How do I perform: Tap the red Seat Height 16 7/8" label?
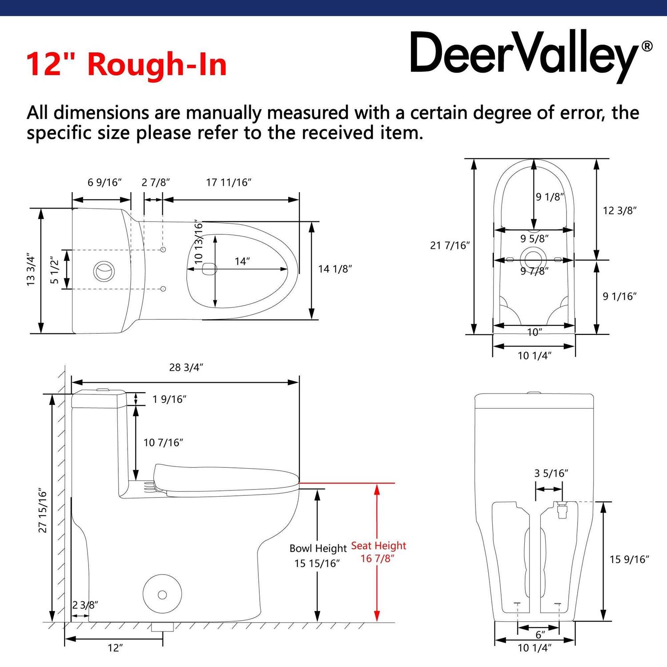pyautogui.click(x=378, y=552)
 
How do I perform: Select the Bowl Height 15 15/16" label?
pyautogui.click(x=317, y=556)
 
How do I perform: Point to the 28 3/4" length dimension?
pyautogui.click(x=186, y=368)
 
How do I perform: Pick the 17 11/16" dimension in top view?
pyautogui.click(x=229, y=183)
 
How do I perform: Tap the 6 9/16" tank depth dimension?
pyautogui.click(x=104, y=183)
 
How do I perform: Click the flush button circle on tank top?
pyautogui.click(x=104, y=270)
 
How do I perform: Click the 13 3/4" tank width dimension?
pyautogui.click(x=31, y=270)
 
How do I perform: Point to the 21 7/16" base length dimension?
pyautogui.click(x=450, y=245)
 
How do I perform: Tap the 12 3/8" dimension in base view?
pyautogui.click(x=619, y=211)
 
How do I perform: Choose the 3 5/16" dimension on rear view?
pyautogui.click(x=551, y=474)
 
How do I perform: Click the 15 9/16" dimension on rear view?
pyautogui.click(x=629, y=559)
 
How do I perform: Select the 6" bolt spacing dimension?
pyautogui.click(x=540, y=635)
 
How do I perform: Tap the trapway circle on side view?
pyautogui.click(x=162, y=595)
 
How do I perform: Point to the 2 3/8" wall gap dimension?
pyautogui.click(x=85, y=605)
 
